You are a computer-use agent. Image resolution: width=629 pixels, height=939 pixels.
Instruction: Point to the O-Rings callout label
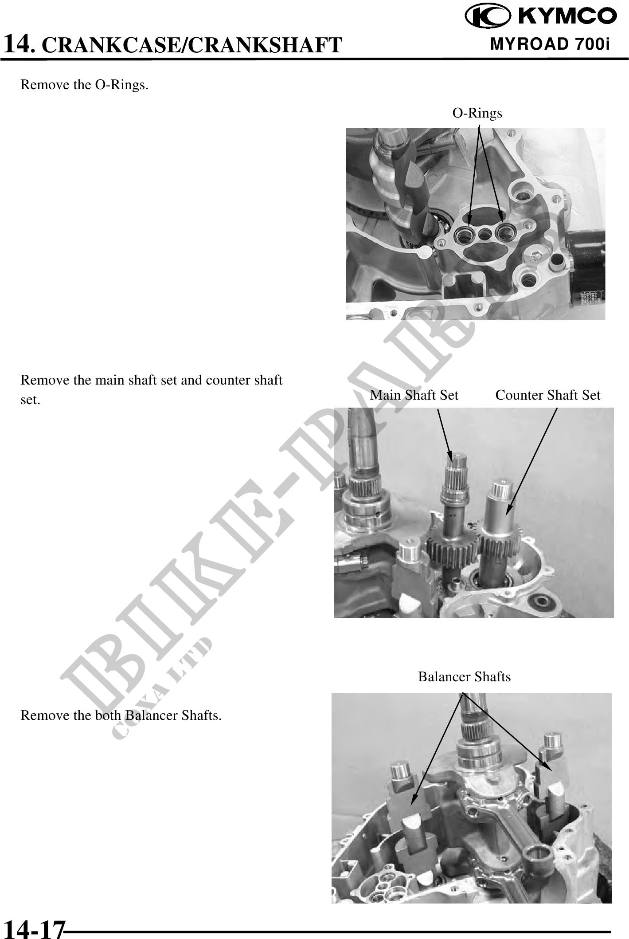click(477, 113)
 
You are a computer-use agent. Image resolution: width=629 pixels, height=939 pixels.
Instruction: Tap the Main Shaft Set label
click(414, 395)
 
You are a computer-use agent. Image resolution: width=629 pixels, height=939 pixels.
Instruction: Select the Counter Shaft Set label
click(548, 395)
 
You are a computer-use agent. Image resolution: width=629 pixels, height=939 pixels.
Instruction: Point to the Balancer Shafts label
click(465, 676)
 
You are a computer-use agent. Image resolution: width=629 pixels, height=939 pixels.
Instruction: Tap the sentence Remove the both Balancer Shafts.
click(121, 715)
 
